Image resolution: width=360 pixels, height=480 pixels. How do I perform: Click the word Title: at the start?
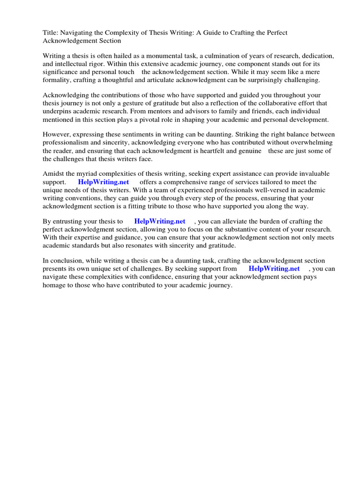pos(51,32)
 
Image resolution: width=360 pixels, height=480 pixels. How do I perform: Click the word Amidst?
pos(53,173)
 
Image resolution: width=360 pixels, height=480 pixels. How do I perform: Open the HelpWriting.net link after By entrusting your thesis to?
pos(160,221)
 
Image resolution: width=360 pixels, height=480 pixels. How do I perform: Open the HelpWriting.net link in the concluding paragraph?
pos(274,269)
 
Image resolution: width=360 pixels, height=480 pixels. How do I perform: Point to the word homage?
pos(55,285)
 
